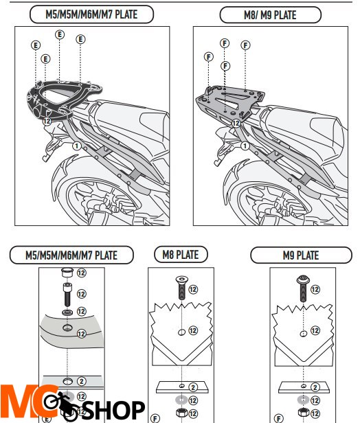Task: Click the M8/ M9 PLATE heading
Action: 270,15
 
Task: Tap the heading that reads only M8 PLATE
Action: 181,255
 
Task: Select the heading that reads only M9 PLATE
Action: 301,255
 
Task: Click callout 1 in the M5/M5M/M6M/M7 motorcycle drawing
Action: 77,146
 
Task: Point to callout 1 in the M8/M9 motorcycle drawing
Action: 245,146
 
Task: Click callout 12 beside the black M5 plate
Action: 47,121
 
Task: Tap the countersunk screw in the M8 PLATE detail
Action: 182,287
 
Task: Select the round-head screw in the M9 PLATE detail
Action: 304,288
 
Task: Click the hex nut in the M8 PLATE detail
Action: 181,413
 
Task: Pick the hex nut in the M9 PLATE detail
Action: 304,413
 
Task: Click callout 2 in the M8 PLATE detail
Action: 193,387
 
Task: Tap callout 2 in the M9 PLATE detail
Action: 315,387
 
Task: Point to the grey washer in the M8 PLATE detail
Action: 181,400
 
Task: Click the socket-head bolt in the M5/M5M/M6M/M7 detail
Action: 67,295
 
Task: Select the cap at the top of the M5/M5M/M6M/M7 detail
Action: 67,272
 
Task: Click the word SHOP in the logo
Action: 113,410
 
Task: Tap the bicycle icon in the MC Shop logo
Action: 60,404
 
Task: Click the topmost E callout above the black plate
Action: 60,35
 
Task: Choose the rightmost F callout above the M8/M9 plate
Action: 245,45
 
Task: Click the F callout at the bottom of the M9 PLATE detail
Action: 279,418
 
